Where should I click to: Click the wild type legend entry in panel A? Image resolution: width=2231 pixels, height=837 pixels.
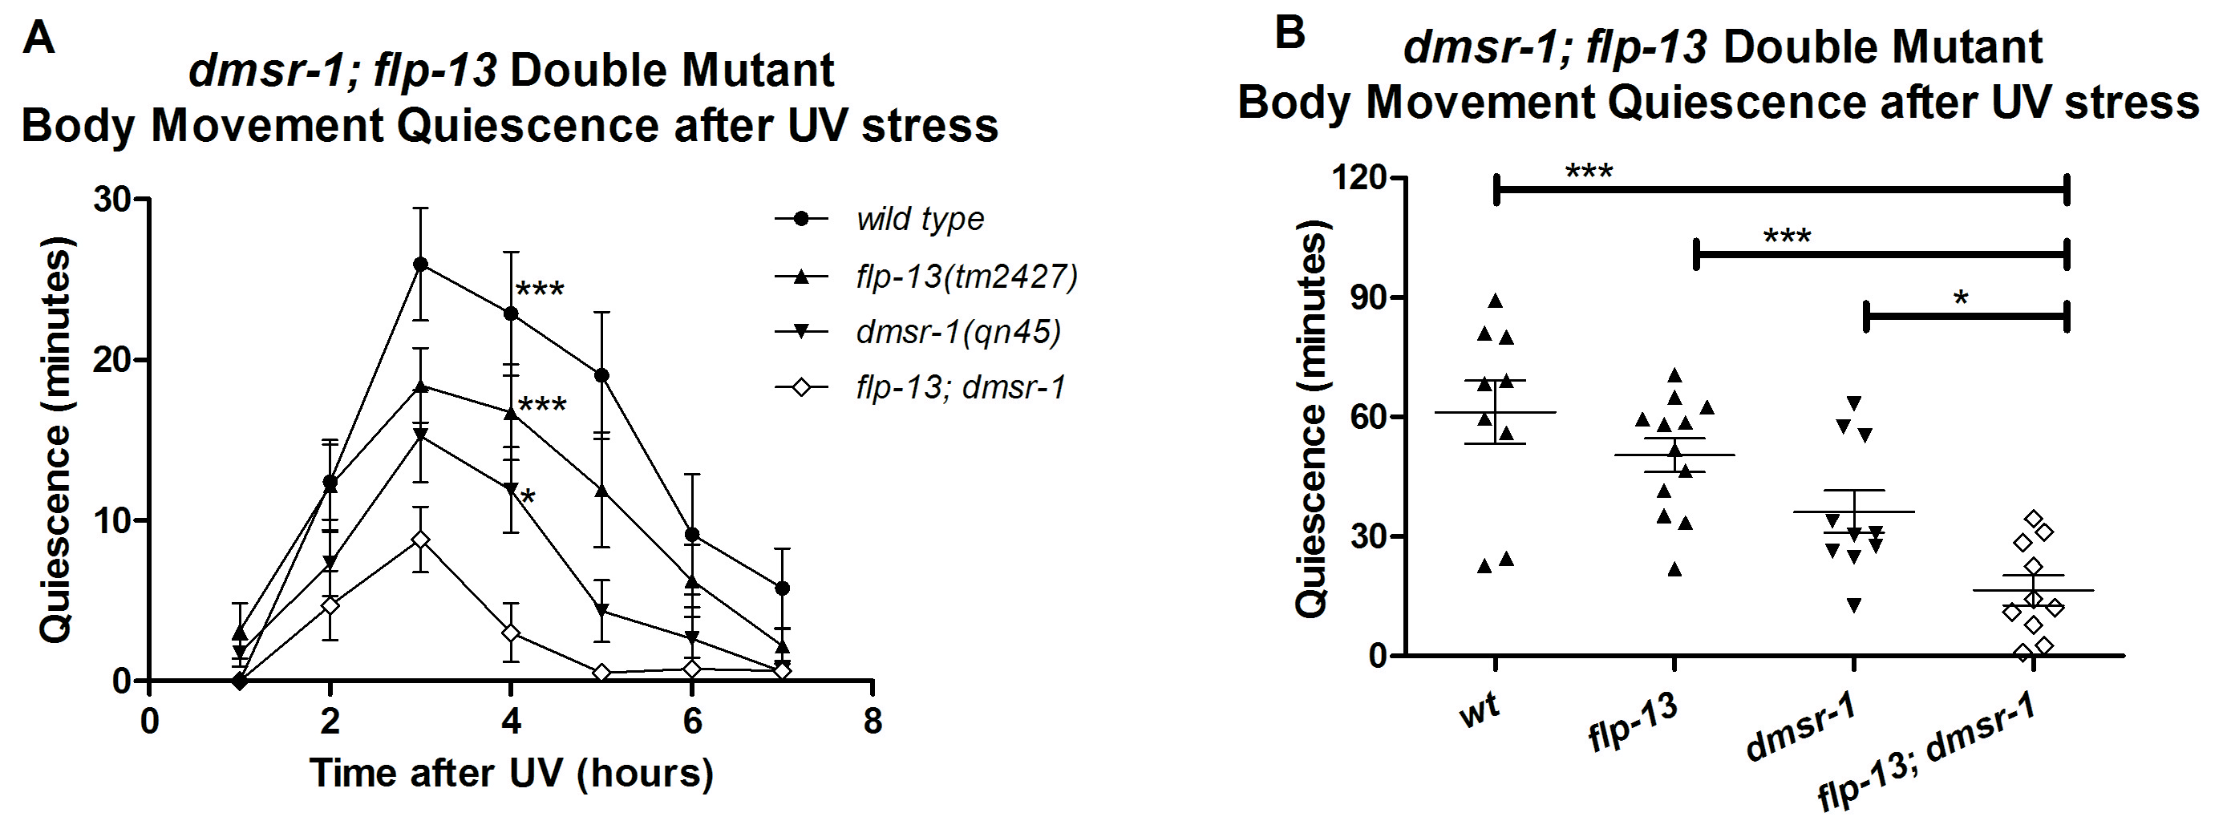pyautogui.click(x=920, y=219)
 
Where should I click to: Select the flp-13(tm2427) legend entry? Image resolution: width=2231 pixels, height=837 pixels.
pyautogui.click(x=966, y=277)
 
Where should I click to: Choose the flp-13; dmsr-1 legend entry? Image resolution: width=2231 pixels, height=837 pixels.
pyautogui.click(x=961, y=387)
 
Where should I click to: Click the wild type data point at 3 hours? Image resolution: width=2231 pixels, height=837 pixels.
pyautogui.click(x=420, y=264)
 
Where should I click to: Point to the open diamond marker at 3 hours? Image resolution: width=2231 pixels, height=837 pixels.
pyautogui.click(x=420, y=540)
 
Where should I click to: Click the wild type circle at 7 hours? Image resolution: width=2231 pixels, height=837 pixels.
pyautogui.click(x=782, y=588)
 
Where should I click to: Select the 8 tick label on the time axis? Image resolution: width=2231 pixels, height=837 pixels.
pyautogui.click(x=873, y=721)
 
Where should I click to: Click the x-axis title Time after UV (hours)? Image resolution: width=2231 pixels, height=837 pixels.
pyautogui.click(x=511, y=773)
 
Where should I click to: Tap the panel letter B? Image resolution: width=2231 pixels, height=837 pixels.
pyautogui.click(x=1290, y=34)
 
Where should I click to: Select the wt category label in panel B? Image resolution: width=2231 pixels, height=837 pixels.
pyautogui.click(x=1480, y=714)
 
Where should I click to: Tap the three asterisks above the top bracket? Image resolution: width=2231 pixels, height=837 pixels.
pyautogui.click(x=1589, y=172)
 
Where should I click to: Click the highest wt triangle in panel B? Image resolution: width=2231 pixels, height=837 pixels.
pyautogui.click(x=1495, y=301)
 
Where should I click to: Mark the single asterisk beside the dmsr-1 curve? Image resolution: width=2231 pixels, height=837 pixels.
pyautogui.click(x=528, y=496)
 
